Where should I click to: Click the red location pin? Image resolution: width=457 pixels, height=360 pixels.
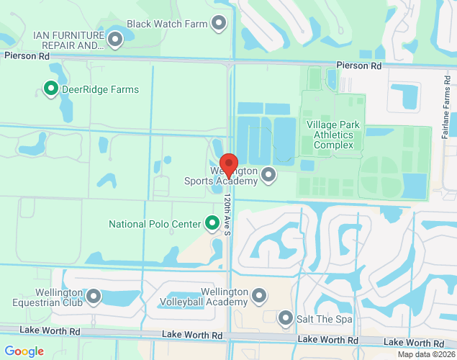point(229,166)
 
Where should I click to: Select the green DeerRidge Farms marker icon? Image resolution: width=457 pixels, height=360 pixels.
point(51,89)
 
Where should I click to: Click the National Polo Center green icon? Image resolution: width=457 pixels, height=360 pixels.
point(212,224)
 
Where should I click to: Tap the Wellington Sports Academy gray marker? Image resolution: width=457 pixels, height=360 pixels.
point(268,174)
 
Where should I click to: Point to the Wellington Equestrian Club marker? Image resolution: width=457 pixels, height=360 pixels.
point(94,296)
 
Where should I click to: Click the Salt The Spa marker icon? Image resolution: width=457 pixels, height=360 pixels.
point(286,318)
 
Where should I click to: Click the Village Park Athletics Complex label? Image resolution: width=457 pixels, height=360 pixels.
point(330,135)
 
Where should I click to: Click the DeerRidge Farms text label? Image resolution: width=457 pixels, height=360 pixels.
point(100,90)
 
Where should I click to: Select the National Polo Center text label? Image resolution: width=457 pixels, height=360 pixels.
point(155,224)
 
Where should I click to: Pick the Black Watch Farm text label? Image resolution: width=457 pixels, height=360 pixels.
point(168,24)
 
